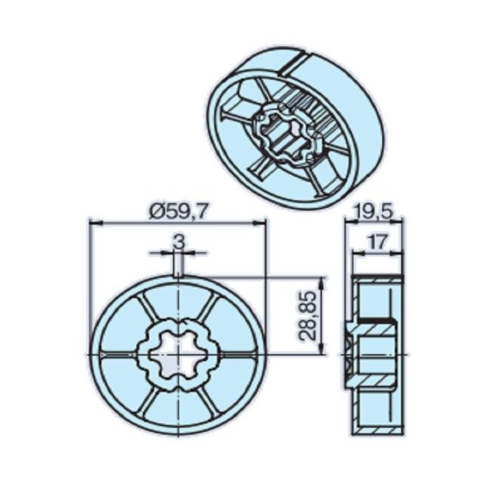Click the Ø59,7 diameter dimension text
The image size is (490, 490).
coord(178,209)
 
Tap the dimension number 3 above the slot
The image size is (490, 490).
coord(178,241)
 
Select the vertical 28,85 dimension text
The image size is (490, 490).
coord(308,316)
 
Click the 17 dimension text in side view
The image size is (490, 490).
coord(377,242)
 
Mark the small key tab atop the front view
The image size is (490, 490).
coord(178,270)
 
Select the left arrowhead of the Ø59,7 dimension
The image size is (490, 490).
coord(92,223)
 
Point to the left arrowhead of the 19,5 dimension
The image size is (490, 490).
coord(352,223)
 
